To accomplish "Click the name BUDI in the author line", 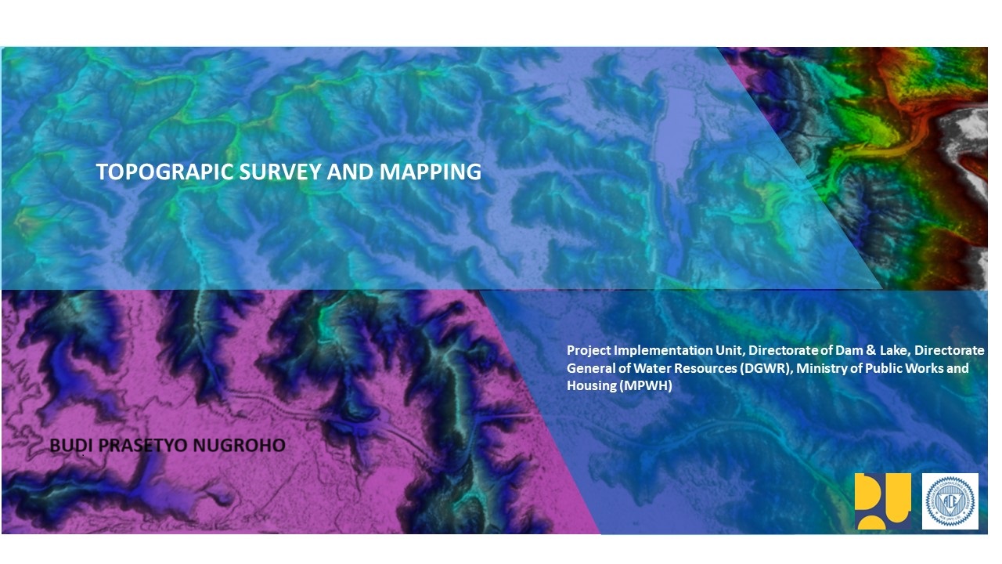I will pos(68,446).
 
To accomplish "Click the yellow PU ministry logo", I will pos(882,501).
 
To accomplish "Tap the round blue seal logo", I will pos(950,501).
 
